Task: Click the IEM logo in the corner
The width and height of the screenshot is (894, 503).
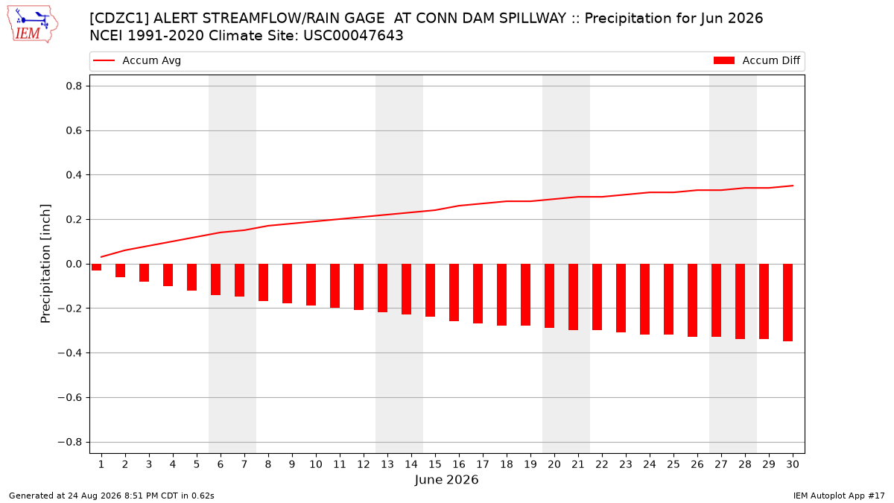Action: pos(33,25)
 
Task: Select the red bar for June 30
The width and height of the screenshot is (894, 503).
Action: pos(787,303)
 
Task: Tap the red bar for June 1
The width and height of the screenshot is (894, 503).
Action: pos(96,267)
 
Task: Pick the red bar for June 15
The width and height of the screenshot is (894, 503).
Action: pos(431,290)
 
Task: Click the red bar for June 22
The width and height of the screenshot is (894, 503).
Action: pos(597,297)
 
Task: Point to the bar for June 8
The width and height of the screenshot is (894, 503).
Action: pos(264,282)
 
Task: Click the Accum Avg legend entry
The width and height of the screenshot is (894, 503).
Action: pos(137,60)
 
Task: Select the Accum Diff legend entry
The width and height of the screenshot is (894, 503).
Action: pos(757,60)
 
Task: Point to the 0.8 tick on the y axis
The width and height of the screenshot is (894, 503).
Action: pos(74,86)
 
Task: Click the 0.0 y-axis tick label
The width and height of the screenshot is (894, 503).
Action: pos(74,264)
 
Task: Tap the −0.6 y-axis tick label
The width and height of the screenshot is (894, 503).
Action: pos(70,398)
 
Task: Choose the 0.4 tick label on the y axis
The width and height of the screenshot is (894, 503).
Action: pos(74,175)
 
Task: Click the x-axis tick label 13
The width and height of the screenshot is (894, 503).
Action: pos(387,464)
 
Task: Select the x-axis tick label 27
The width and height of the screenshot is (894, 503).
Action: pos(721,464)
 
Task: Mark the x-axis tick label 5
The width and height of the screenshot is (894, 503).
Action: pos(197,464)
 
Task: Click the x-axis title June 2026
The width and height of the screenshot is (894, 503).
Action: pos(446,479)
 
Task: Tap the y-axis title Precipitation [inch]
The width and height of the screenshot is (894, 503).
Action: pos(45,264)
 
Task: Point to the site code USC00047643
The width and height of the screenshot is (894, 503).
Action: pos(353,36)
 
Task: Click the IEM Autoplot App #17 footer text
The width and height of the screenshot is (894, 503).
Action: pos(839,496)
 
